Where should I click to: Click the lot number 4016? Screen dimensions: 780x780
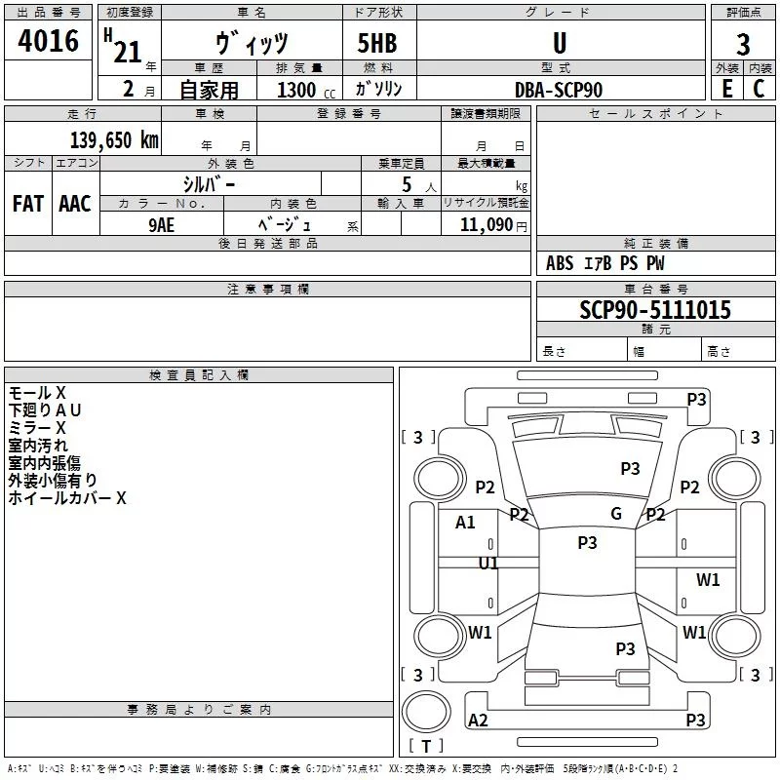[48, 42]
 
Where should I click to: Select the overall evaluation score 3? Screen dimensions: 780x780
[743, 45]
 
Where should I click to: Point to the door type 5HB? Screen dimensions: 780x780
[377, 45]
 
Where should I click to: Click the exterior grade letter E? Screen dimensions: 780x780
[726, 89]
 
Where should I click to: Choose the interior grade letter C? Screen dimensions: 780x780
[759, 89]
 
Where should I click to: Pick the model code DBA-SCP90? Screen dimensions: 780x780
[559, 90]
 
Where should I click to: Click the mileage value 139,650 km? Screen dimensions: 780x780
[113, 140]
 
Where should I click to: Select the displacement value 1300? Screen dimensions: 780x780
[296, 91]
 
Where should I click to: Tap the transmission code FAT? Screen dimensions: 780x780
[28, 204]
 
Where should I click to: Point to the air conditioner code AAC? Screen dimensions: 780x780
[75, 204]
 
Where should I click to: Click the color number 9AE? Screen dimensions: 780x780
[162, 223]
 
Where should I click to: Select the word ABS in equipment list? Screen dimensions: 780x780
[560, 263]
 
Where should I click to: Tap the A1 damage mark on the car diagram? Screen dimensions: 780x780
[466, 523]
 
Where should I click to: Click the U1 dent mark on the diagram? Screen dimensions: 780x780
[488, 563]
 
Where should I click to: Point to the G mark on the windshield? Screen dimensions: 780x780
[616, 514]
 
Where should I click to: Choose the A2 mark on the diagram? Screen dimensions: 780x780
[478, 721]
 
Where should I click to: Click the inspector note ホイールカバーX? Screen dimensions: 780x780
[67, 498]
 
